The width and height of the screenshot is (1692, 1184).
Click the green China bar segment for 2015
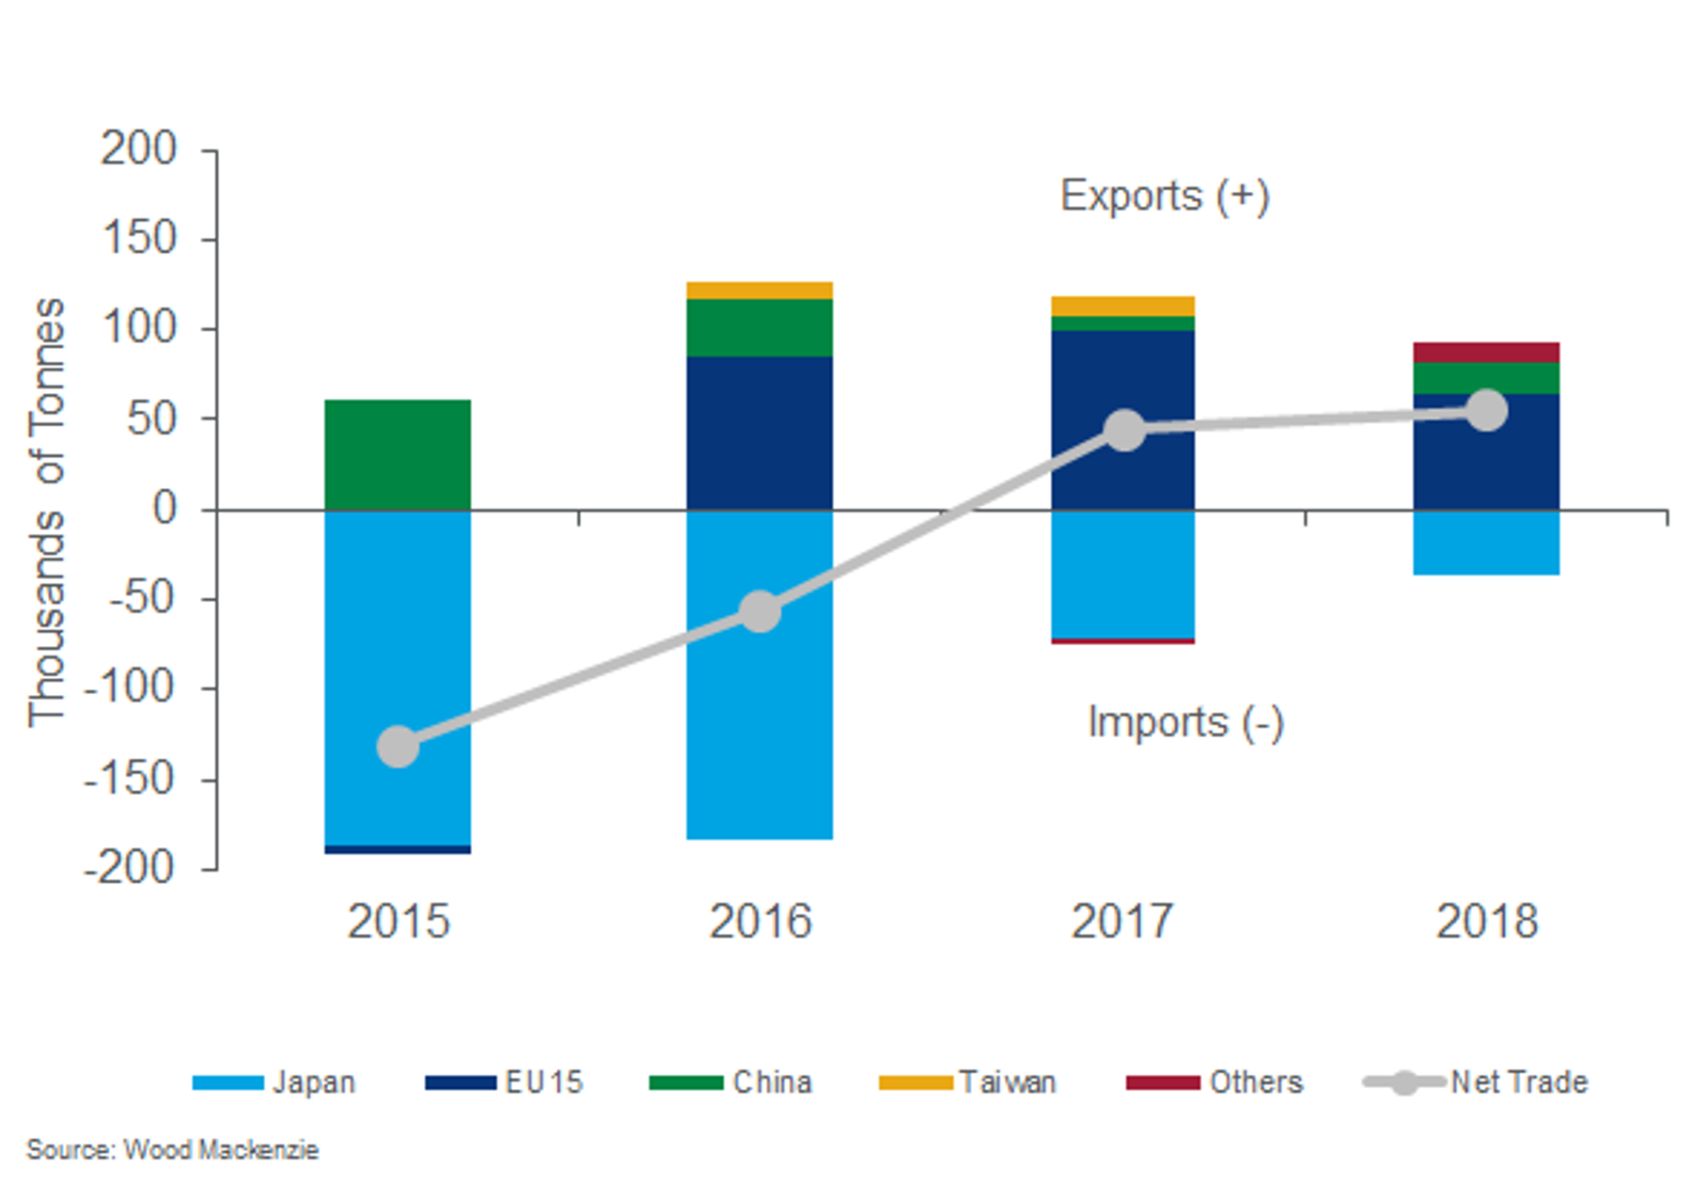pyautogui.click(x=398, y=454)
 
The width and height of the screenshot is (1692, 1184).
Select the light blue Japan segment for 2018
pyautogui.click(x=1486, y=543)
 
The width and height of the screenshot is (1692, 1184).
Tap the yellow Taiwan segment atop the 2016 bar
pyautogui.click(x=760, y=291)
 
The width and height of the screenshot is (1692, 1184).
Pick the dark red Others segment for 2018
pyautogui.click(x=1486, y=353)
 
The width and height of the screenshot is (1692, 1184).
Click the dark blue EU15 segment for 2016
pyautogui.click(x=760, y=433)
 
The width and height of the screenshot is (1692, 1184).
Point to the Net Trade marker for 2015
pyautogui.click(x=398, y=747)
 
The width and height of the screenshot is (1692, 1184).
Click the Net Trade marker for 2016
pyautogui.click(x=760, y=612)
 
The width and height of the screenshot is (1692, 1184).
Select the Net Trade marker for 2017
pyautogui.click(x=1124, y=431)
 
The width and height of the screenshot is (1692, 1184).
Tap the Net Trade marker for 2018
pyautogui.click(x=1487, y=410)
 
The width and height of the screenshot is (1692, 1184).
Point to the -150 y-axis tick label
pyautogui.click(x=130, y=779)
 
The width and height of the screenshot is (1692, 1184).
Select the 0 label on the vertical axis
pyautogui.click(x=164, y=509)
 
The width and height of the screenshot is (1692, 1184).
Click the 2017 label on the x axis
pyautogui.click(x=1122, y=922)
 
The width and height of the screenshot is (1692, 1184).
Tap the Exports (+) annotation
pyautogui.click(x=1165, y=197)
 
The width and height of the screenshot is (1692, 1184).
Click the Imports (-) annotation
pyautogui.click(x=1185, y=722)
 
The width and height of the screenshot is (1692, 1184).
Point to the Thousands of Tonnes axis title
pyautogui.click(x=46, y=513)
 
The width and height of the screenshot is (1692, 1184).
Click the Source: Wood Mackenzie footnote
pyautogui.click(x=172, y=1150)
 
